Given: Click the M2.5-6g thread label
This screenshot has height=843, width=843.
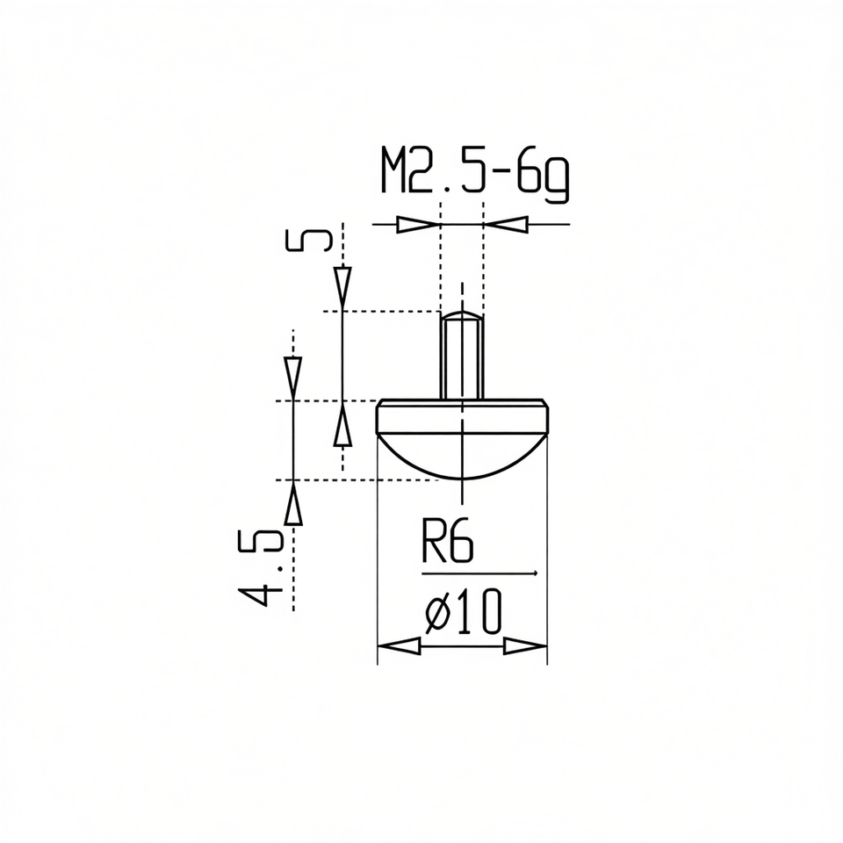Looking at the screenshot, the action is (475, 174).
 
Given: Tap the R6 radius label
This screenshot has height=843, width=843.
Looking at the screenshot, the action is (447, 540).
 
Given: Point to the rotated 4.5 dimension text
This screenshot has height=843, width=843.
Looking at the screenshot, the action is (260, 568).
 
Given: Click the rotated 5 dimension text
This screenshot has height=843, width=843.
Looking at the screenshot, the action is (307, 240).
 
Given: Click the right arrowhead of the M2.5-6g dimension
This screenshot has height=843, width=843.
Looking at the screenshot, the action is (506, 224).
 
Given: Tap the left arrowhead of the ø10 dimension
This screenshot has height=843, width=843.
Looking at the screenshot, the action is (399, 645).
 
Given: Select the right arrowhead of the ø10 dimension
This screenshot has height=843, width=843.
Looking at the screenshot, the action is (525, 645).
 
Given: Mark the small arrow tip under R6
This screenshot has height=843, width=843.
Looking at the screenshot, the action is (535, 573).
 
